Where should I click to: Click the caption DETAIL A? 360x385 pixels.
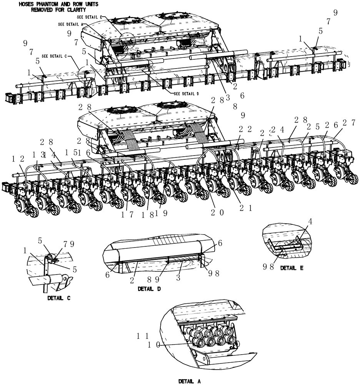pyautogui.click(x=189, y=381)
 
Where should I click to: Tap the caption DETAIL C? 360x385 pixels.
pyautogui.click(x=58, y=298)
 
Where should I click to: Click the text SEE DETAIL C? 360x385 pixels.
pyautogui.click(x=54, y=56)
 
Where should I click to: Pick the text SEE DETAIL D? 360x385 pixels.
pyautogui.click(x=187, y=94)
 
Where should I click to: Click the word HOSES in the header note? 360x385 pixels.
pyautogui.click(x=27, y=4)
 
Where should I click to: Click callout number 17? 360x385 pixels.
pyautogui.click(x=127, y=215)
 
